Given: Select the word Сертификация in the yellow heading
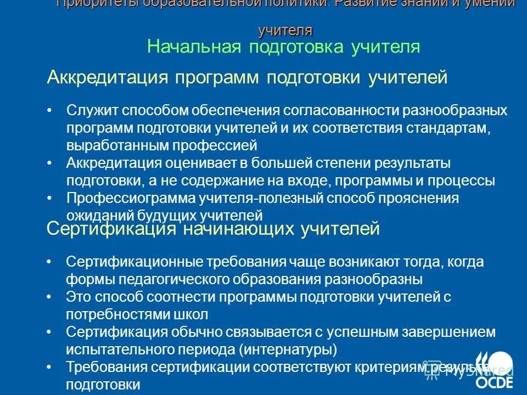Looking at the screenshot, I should point(108,228).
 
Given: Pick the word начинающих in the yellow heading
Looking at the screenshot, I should point(239,228).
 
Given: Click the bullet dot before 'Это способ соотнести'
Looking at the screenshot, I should point(50,297).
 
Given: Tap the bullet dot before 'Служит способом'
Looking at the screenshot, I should point(50,110).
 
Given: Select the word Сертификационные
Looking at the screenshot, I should point(128,262).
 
